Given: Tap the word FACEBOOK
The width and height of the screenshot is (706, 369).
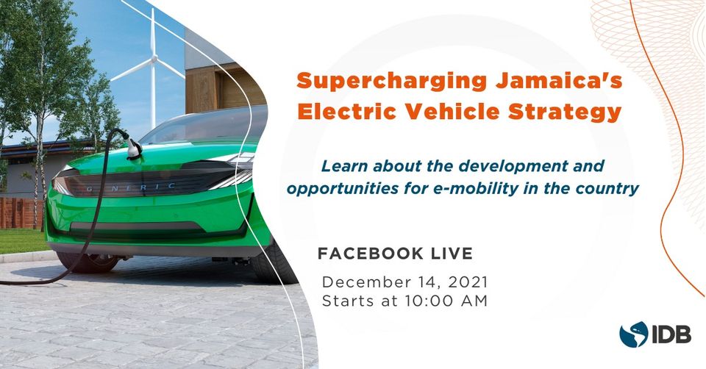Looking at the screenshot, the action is point(371,254).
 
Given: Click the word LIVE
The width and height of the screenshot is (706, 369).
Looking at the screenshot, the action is point(452,254).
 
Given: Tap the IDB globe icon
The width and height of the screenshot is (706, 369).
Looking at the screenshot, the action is point(633,334).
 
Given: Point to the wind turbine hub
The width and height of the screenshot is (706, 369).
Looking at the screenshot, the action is point(154,59).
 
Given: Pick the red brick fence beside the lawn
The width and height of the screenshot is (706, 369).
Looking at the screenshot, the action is point(21,213).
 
